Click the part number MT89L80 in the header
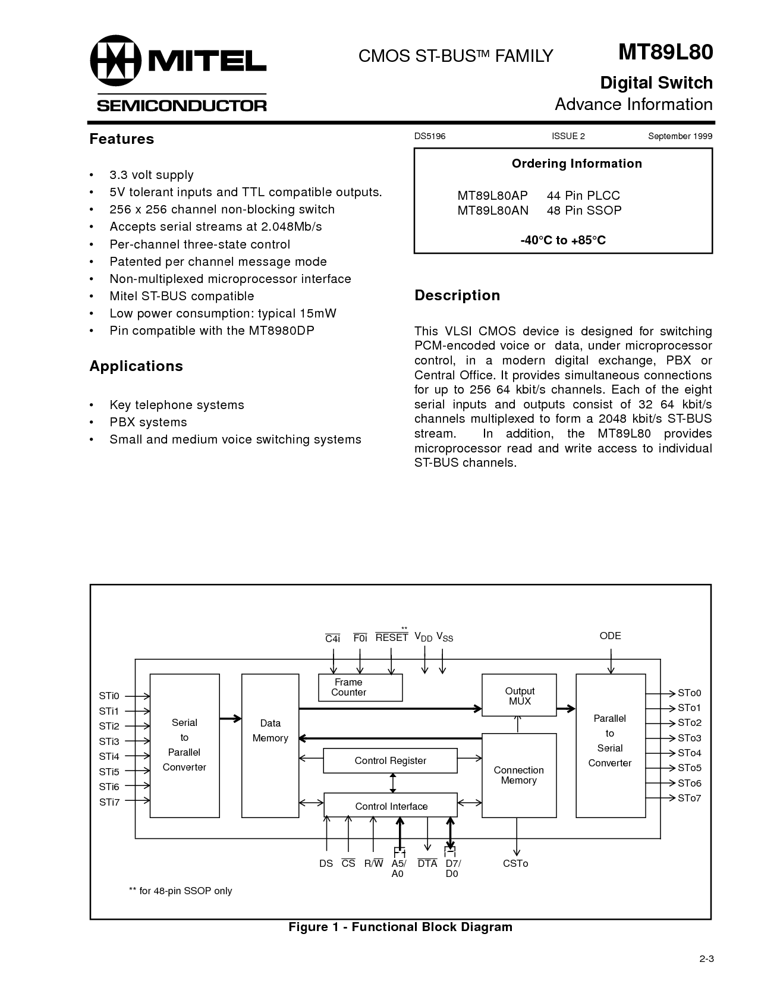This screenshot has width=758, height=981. tap(665, 52)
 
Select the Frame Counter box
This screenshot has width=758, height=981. tap(360, 687)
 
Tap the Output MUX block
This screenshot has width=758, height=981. tap(519, 696)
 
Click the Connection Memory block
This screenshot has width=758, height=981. tap(519, 775)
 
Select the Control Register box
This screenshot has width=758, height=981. tap(390, 761)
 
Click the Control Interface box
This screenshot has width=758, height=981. tap(391, 806)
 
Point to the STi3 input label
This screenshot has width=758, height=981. tap(109, 741)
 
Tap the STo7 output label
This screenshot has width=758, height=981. tap(690, 798)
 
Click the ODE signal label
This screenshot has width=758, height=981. tap(610, 636)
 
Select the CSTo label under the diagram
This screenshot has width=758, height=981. tap(515, 863)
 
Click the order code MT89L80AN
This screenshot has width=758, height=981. tap(493, 210)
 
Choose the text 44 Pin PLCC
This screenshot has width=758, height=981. tap(583, 196)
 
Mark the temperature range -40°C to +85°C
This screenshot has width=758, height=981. tap(562, 240)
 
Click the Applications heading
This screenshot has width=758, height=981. tap(136, 366)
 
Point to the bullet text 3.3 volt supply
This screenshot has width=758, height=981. tap(152, 175)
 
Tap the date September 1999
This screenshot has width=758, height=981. tap(680, 136)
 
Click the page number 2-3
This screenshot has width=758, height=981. tap(706, 959)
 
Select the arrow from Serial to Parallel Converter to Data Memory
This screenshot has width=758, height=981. tap(231, 718)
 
